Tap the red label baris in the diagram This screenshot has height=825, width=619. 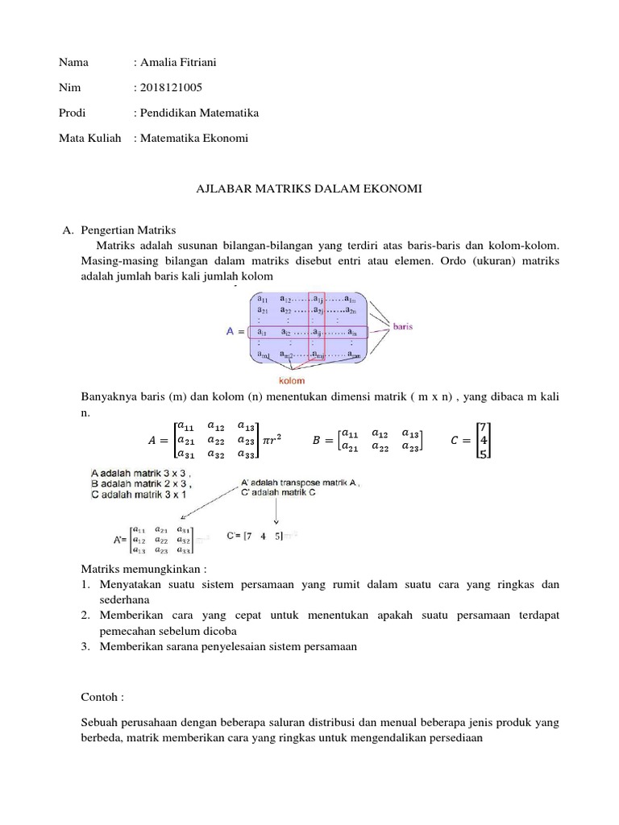click(403, 326)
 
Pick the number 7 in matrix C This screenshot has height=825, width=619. click(482, 426)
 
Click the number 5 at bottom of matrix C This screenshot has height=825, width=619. click(482, 455)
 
